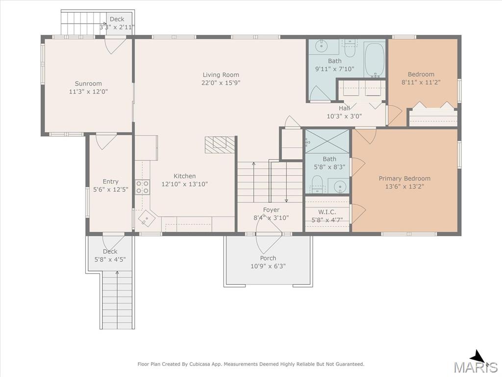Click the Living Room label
point(221,75)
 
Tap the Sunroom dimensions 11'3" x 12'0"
point(88,92)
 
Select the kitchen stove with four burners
point(143,187)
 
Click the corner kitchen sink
point(147,218)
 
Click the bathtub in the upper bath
point(374,59)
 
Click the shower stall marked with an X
point(327,141)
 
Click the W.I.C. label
point(327,212)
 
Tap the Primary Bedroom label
point(404,179)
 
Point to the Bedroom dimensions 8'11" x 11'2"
point(421,82)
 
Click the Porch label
point(268,258)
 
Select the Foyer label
point(271,210)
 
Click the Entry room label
point(110,182)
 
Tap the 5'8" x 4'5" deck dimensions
point(110,259)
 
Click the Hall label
point(344,108)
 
